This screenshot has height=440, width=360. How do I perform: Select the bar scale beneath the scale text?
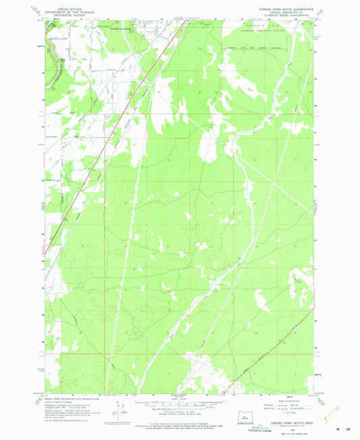180,403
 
